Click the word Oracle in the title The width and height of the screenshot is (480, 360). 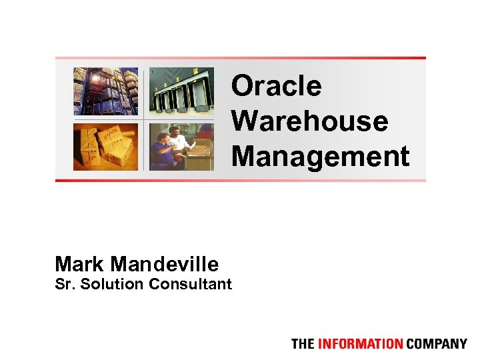click(x=276, y=87)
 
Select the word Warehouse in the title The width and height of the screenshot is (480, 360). click(x=309, y=121)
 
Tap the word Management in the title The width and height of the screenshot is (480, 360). click(x=320, y=157)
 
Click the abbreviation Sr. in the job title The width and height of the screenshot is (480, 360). click(x=65, y=285)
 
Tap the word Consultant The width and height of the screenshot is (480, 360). click(x=190, y=285)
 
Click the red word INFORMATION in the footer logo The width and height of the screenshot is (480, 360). click(x=359, y=344)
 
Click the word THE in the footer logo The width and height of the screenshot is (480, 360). click(x=302, y=344)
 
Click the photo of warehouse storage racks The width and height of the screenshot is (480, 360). click(x=106, y=91)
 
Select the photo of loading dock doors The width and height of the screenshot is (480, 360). click(x=181, y=91)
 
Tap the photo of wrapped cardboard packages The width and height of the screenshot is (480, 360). click(x=106, y=147)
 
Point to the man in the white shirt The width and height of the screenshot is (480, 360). click(x=177, y=138)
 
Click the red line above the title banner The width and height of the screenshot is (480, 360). click(x=240, y=58)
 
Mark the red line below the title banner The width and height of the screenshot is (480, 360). click(x=240, y=180)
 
